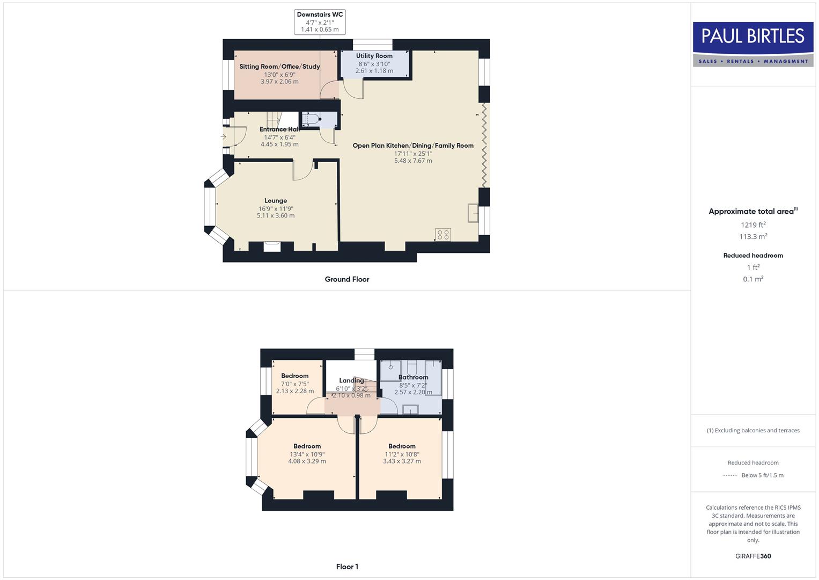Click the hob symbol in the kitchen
[x=443, y=235]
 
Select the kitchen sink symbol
[x=473, y=213]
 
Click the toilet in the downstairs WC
[x=312, y=119]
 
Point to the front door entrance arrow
[x=223, y=137]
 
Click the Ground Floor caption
[x=347, y=279]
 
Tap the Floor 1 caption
[x=347, y=567]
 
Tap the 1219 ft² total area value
[x=753, y=225]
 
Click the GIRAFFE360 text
[x=753, y=556]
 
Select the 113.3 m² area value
[x=753, y=237]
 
